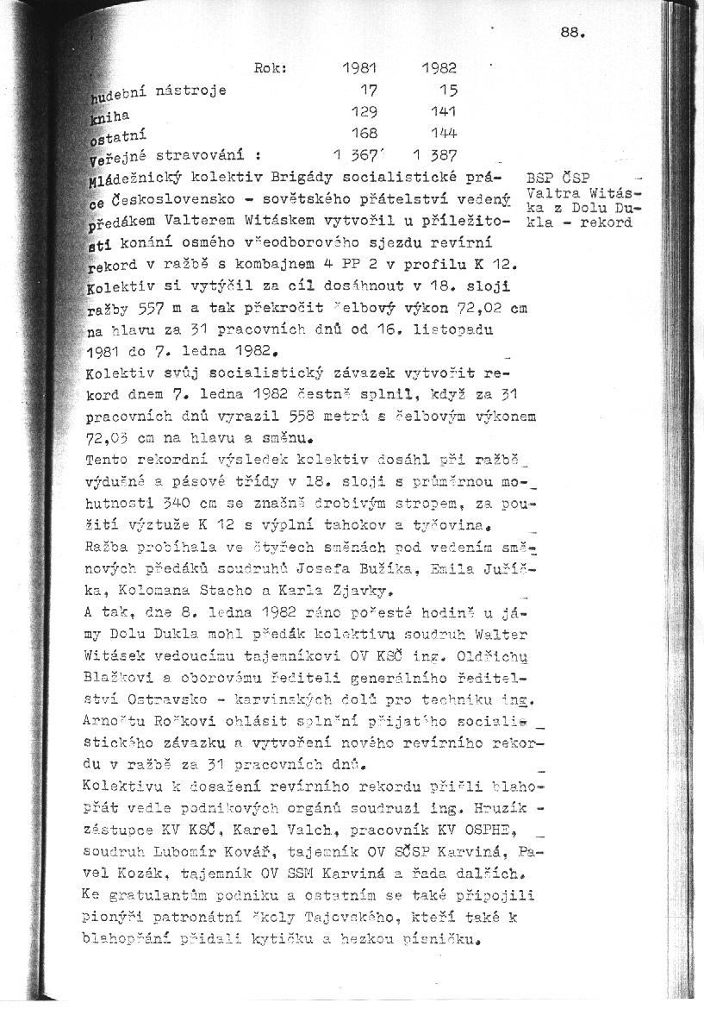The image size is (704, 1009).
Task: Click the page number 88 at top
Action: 573,34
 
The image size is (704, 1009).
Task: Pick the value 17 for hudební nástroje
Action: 369,89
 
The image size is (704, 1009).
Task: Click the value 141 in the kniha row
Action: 444,111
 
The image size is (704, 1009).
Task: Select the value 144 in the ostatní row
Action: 444,133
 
